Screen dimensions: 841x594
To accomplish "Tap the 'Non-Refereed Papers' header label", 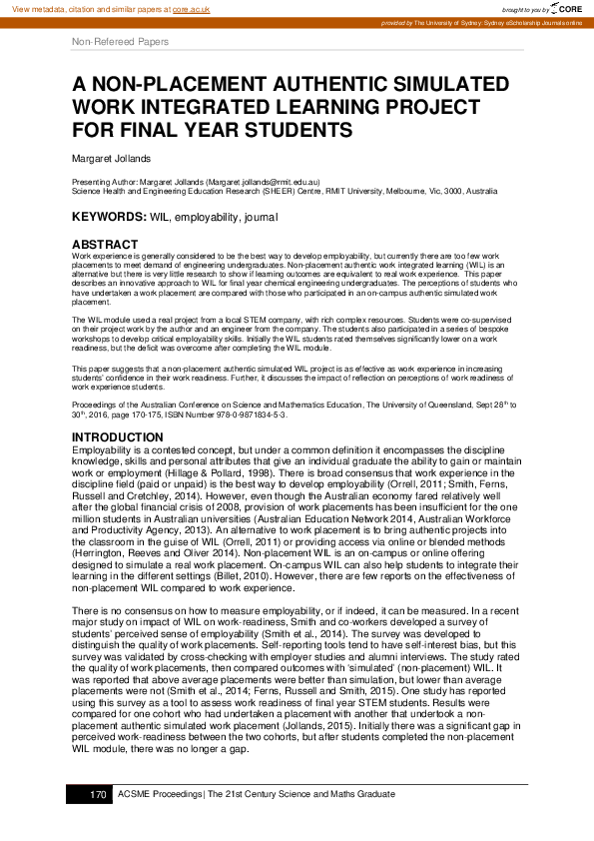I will coord(121,42).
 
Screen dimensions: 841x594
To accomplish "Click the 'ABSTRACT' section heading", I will coord(105,245).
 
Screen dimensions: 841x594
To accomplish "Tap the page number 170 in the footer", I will coord(98,794).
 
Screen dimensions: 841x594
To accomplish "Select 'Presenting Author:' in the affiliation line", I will coord(107,182).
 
